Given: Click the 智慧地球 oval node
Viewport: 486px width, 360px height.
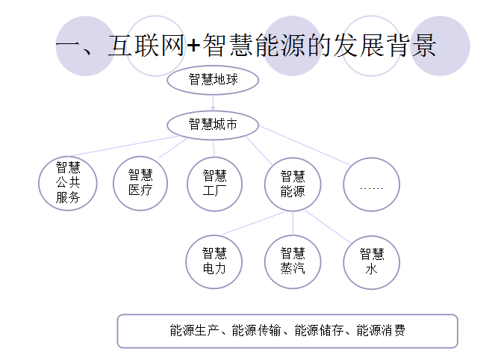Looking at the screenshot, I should pos(214,79).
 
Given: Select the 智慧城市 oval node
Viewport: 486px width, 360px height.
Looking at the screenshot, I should pos(214,124).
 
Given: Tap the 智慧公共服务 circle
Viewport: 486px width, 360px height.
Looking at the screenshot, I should pos(68,183).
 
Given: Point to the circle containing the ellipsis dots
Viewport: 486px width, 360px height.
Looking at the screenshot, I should pos(371,184).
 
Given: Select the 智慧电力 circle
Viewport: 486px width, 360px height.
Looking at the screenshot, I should pos(214,261).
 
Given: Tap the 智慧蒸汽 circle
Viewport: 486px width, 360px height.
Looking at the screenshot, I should pos(293,261).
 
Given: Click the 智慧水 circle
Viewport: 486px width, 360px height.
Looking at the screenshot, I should pos(371,261).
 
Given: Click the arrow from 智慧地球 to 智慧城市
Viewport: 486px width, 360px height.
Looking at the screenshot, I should pos(214,102).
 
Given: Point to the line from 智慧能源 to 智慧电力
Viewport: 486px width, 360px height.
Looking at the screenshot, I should pos(250,223).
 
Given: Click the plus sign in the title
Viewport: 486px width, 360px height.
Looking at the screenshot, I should pos(193,46).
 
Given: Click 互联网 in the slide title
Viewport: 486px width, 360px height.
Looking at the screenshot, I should pos(145,46).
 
